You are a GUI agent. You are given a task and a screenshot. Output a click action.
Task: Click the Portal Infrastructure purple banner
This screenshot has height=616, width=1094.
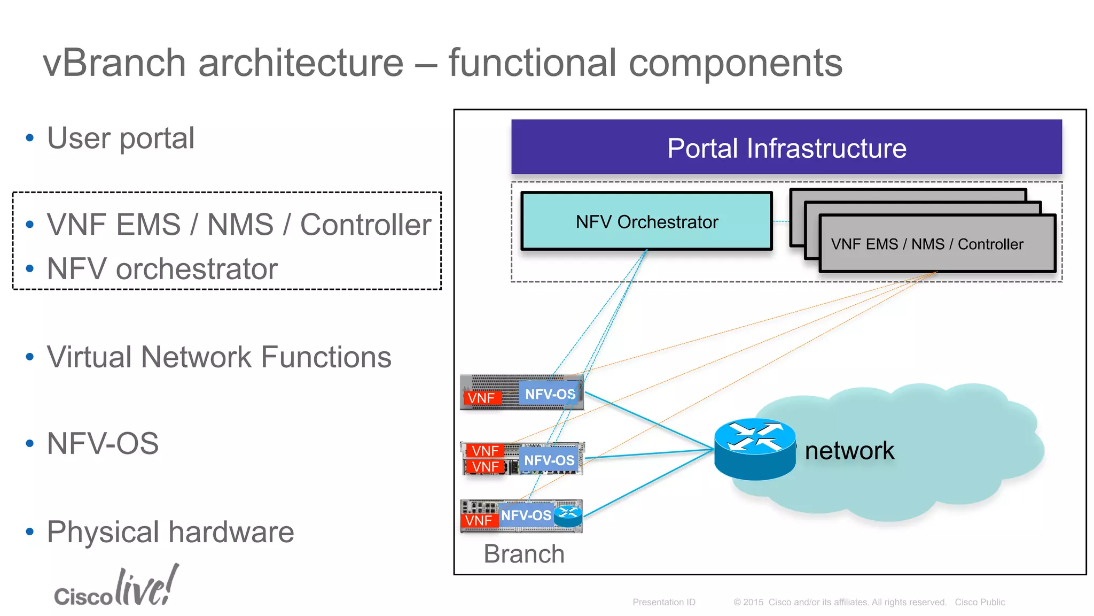point(786,147)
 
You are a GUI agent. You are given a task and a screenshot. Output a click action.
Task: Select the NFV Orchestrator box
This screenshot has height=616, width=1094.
point(646,221)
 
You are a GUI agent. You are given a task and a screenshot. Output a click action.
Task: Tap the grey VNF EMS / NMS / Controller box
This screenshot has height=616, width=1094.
point(937,244)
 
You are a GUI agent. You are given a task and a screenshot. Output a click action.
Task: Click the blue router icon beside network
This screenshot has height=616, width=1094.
point(754,449)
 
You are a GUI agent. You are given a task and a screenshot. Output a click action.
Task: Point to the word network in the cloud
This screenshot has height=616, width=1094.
point(849,450)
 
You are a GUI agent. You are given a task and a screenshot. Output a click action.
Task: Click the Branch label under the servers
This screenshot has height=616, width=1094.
point(523,553)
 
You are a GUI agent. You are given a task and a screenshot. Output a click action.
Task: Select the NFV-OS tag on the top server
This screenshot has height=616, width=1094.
point(550,395)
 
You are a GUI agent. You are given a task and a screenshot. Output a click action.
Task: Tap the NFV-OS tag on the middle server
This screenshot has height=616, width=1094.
point(549,460)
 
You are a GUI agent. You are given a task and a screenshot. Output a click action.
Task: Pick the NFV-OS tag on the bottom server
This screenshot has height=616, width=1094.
point(526,515)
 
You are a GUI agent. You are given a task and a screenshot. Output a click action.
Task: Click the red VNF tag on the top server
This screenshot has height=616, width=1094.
point(482,398)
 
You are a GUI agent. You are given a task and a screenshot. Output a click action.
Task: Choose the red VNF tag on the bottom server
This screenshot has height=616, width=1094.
point(479,520)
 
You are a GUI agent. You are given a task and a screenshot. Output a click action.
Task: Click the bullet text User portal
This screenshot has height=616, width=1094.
point(121,138)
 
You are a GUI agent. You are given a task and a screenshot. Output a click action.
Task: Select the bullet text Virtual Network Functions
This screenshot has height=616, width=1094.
point(219,357)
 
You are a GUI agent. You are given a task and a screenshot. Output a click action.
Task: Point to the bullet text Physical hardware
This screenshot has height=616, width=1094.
point(170,532)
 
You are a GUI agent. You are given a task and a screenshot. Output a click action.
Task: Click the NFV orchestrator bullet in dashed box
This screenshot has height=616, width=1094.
point(162,268)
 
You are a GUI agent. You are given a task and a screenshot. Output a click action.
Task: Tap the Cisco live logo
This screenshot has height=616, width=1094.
point(116,587)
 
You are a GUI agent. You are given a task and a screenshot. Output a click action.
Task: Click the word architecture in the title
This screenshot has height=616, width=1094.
point(301,63)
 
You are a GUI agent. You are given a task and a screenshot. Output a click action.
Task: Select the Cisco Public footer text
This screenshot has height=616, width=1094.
point(980,602)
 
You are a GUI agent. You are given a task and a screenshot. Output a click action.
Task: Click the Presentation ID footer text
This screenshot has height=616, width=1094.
point(663,602)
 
